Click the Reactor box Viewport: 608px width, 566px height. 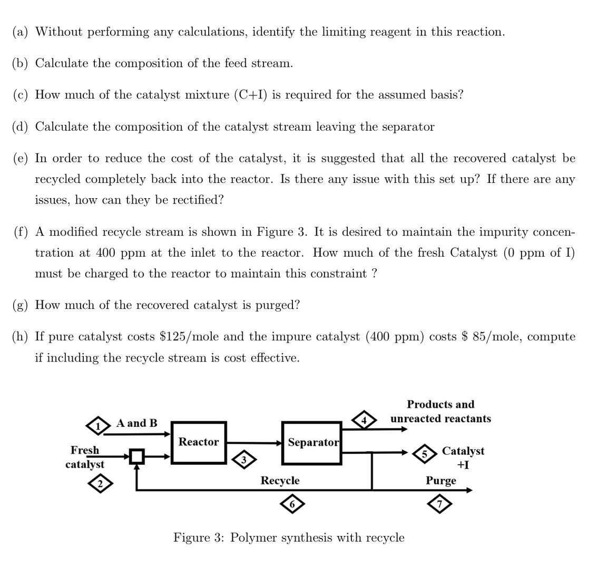click(199, 443)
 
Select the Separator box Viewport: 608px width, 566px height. click(312, 443)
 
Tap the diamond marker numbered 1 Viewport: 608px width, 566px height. click(96, 425)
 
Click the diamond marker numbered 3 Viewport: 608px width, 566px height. click(243, 459)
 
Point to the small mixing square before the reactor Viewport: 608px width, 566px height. click(137, 456)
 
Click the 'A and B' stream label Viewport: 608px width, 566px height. click(137, 423)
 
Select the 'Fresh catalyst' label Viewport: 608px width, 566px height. click(85, 457)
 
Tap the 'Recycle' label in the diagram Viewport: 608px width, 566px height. click(280, 481)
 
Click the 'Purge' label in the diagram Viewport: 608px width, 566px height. click(441, 481)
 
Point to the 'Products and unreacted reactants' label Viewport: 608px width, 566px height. click(440, 412)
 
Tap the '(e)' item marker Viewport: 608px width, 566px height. click(21, 158)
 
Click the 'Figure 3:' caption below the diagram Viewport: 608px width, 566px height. click(200, 538)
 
